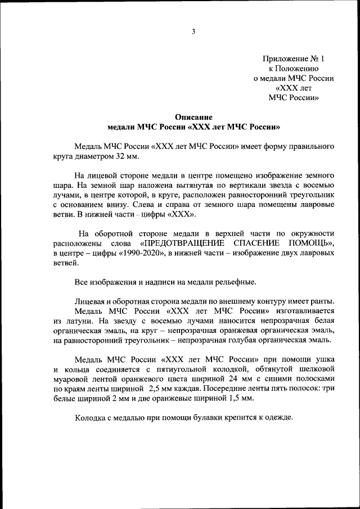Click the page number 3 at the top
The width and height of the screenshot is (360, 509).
pos(193,32)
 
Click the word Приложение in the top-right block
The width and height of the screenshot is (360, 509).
pos(287,58)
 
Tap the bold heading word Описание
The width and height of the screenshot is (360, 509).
pos(193,117)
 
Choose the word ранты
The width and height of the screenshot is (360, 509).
pos(321,301)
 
